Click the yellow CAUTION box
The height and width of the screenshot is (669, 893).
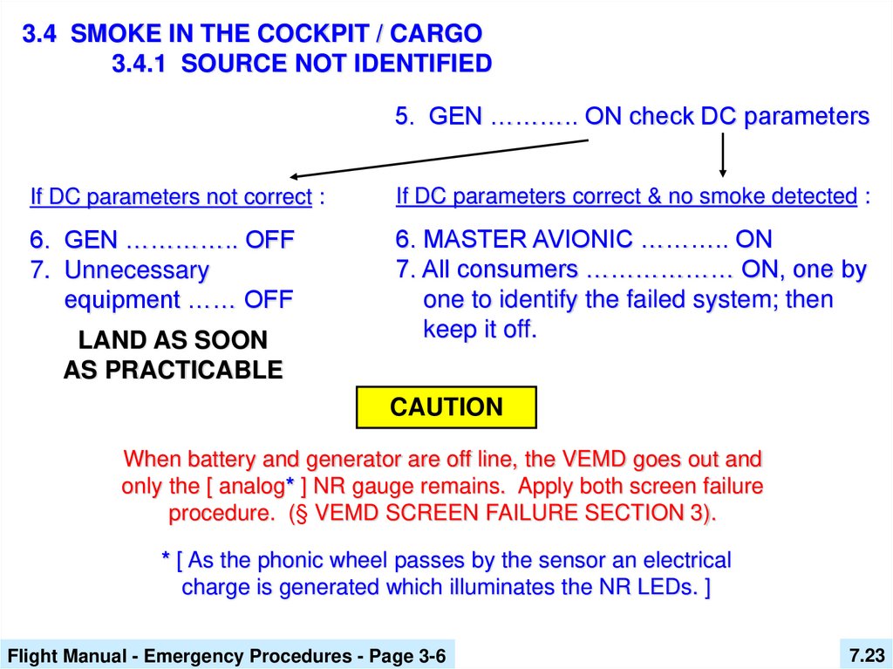446,406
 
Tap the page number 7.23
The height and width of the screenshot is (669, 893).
866,655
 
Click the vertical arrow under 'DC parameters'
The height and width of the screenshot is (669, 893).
723,154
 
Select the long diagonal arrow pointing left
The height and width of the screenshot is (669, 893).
439,159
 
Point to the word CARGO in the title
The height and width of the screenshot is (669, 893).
436,34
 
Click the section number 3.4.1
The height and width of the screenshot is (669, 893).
139,64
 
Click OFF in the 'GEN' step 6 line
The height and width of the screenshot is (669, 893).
269,239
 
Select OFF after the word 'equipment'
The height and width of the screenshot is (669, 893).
269,299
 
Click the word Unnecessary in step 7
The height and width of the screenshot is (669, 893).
137,270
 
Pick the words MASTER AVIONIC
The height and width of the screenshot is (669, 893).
528,239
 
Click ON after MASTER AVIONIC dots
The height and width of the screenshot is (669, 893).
753,239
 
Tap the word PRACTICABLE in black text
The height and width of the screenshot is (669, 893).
194,370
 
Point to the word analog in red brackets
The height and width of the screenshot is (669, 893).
251,486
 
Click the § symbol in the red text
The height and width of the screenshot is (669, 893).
301,513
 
